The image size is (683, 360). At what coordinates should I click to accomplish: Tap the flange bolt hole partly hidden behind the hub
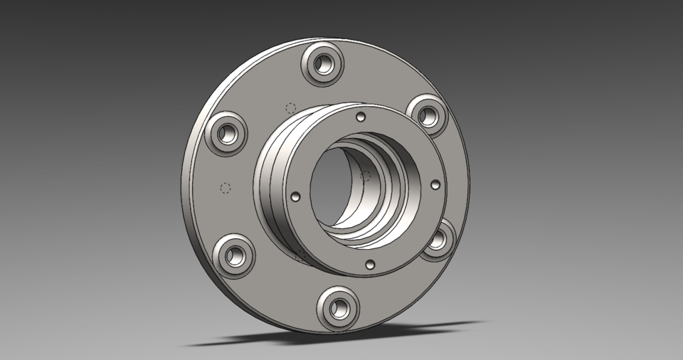tap(440, 239)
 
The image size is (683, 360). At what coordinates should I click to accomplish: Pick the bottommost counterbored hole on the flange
tap(339, 306)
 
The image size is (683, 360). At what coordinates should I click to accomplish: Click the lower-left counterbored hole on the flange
tap(233, 255)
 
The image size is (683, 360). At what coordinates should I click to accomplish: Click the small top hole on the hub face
tap(361, 116)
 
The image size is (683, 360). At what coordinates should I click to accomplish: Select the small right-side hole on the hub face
tap(435, 184)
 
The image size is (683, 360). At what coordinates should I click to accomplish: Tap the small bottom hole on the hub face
tap(369, 264)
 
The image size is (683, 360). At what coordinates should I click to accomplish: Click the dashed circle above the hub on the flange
tap(290, 108)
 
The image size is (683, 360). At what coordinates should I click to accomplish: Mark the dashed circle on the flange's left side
tap(226, 188)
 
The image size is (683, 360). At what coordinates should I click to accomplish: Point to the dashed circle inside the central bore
tap(367, 175)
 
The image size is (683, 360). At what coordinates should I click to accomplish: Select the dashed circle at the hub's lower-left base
tap(301, 254)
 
